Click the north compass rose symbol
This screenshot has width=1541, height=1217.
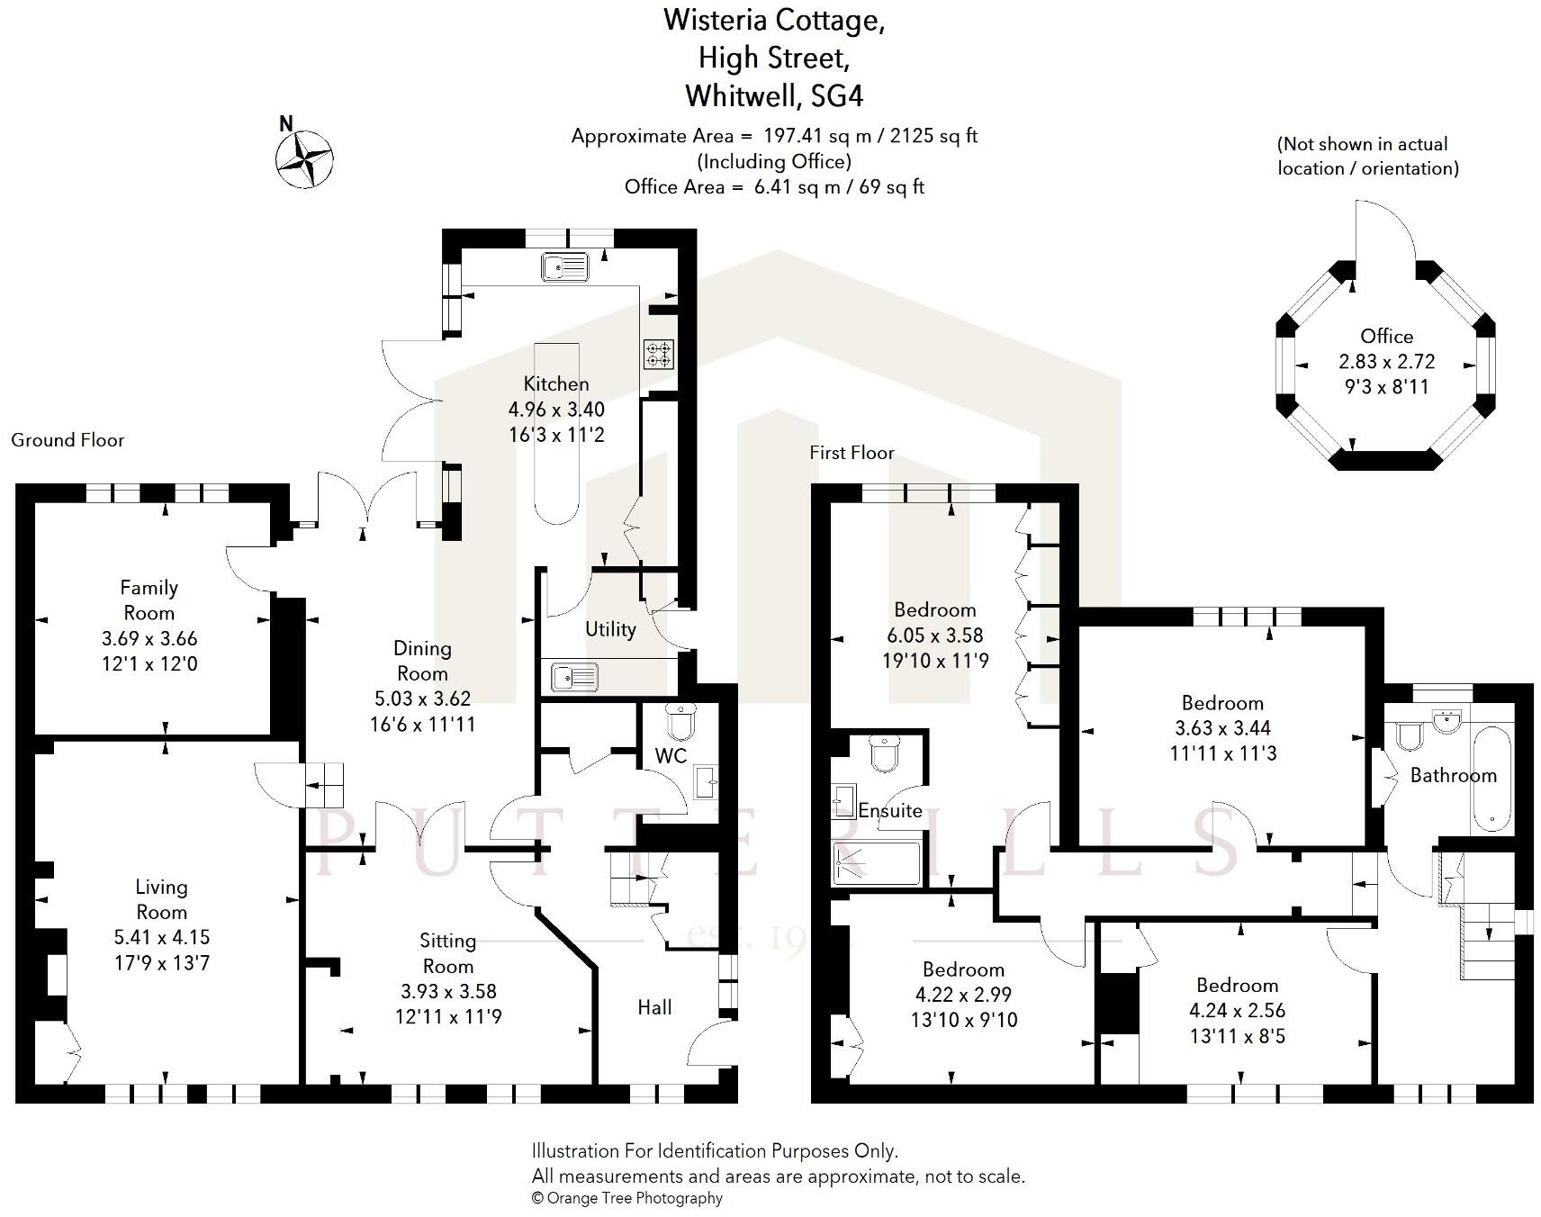(x=305, y=159)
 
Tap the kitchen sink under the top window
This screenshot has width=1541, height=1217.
(x=565, y=266)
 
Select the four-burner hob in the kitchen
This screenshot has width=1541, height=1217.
(x=659, y=354)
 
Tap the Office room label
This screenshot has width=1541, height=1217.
(x=1386, y=336)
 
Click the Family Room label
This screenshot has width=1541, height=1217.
(x=149, y=600)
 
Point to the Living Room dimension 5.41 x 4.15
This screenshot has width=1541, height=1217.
(x=161, y=937)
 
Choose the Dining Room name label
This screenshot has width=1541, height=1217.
(x=422, y=661)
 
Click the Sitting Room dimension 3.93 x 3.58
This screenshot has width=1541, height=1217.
(x=448, y=991)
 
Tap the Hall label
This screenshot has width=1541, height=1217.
(x=654, y=1007)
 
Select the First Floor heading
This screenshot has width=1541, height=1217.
(x=852, y=453)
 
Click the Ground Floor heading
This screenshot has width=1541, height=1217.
(x=68, y=440)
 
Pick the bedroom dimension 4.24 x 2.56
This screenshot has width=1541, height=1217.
(x=1237, y=1010)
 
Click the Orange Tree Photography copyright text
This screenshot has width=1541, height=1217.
(x=627, y=1198)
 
